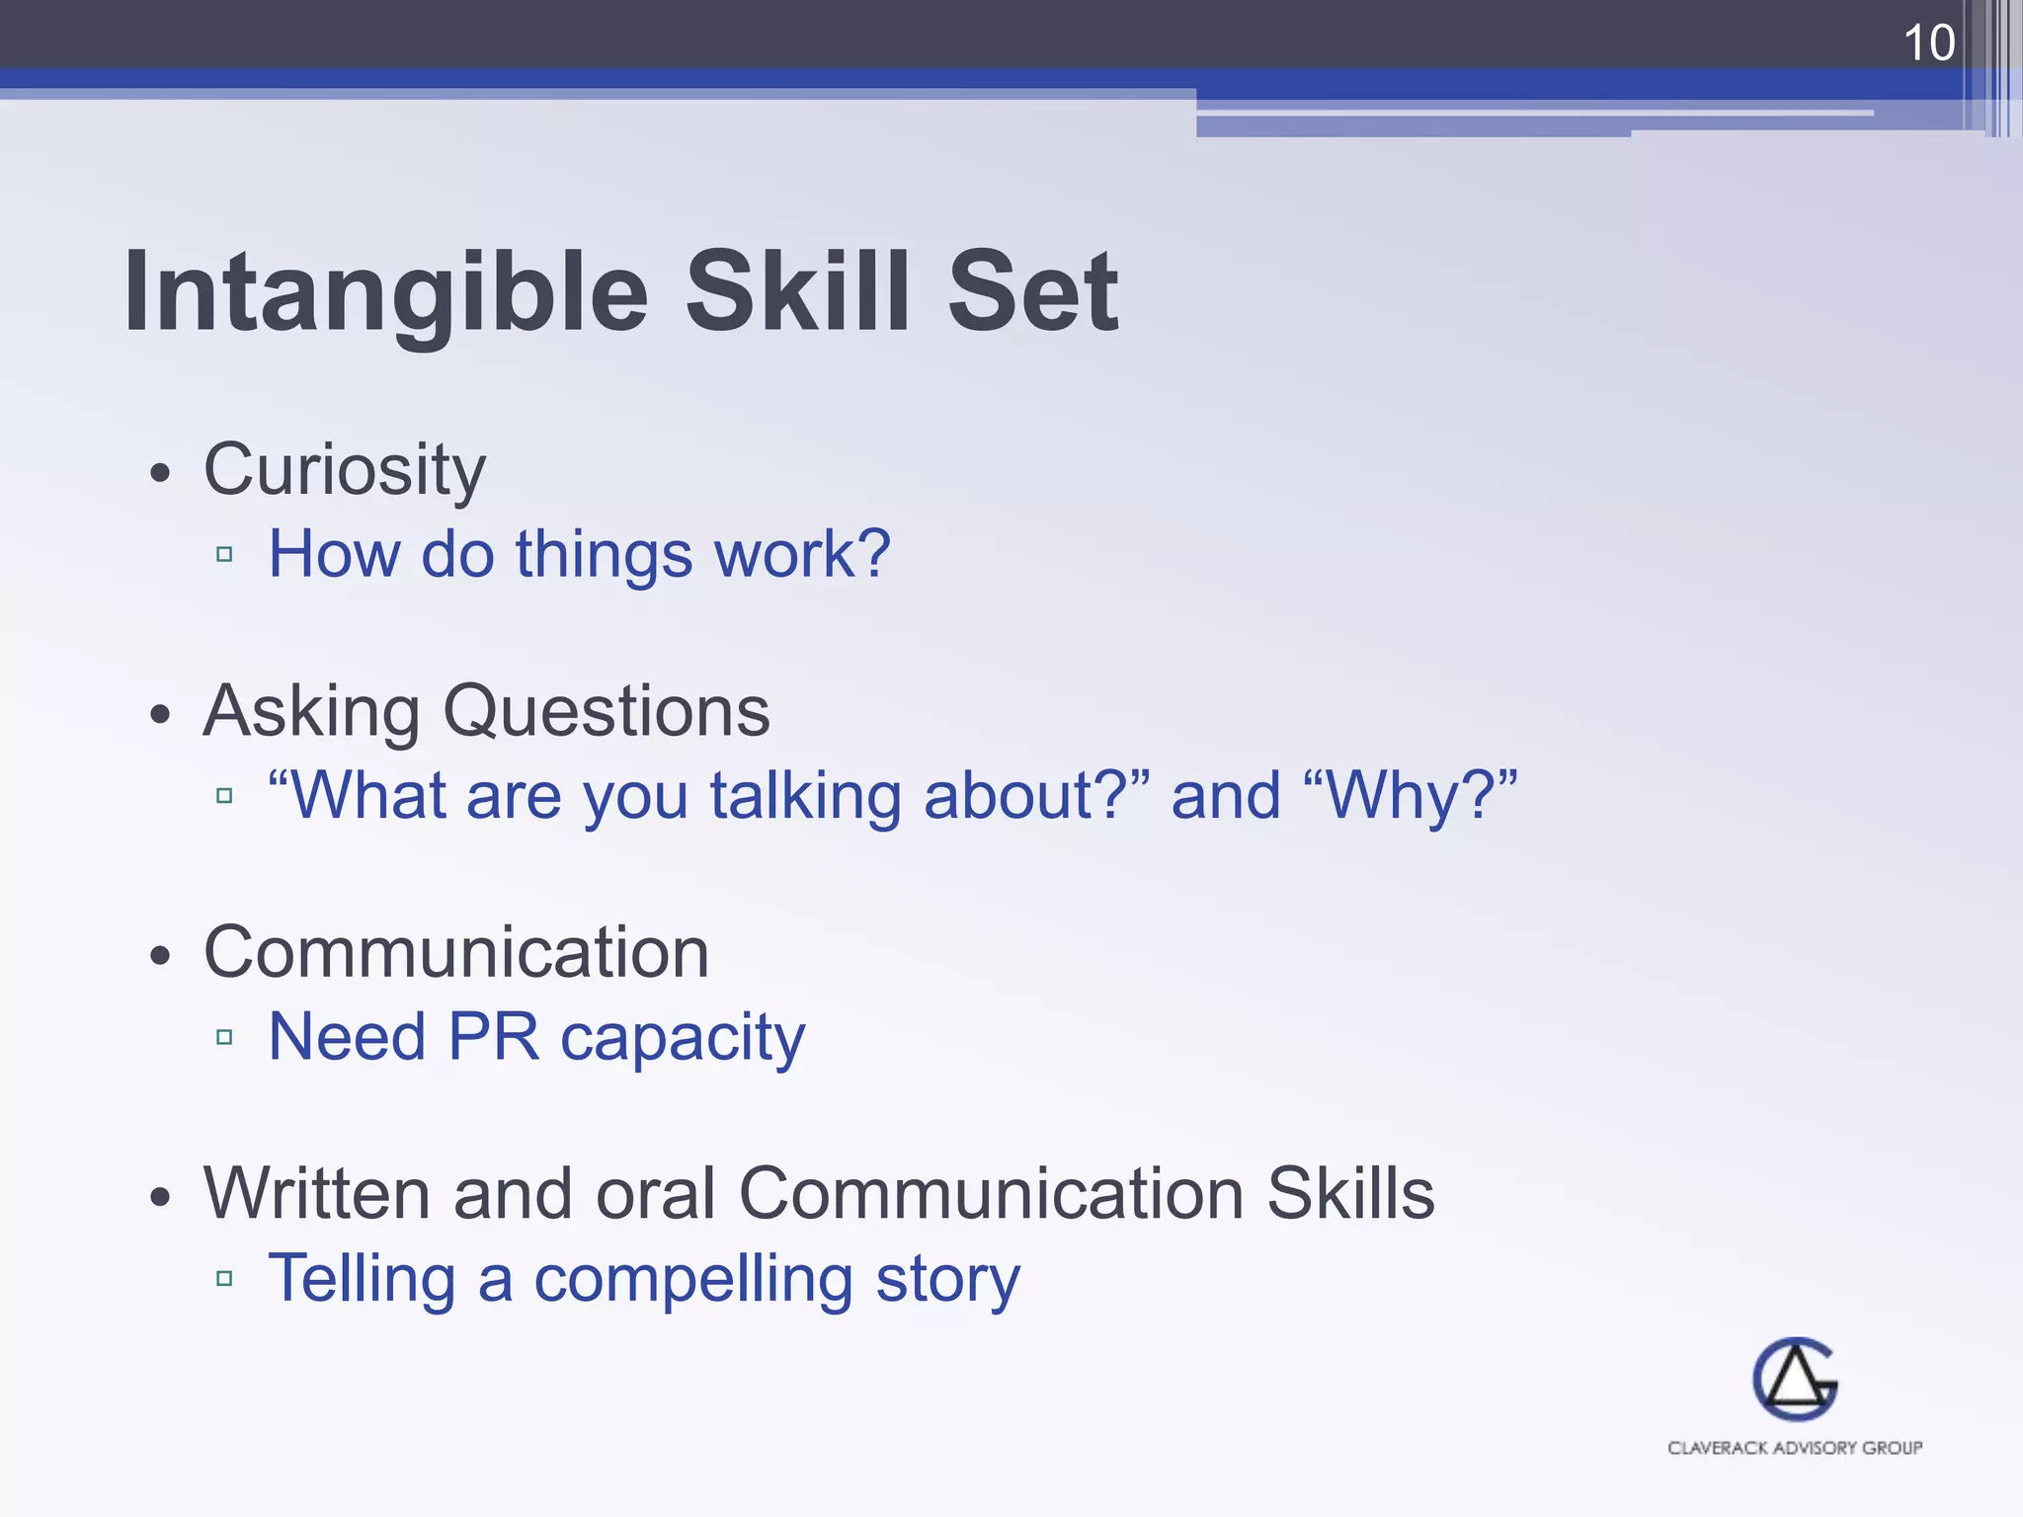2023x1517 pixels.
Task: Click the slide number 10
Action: [x=1927, y=42]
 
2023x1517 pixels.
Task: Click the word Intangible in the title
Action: [x=385, y=292]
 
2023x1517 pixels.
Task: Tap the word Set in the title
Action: [x=1032, y=292]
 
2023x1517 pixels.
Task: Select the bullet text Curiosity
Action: [x=344, y=469]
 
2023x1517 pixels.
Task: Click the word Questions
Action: [x=606, y=712]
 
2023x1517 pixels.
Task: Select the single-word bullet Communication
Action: [x=455, y=953]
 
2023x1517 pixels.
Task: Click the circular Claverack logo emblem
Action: [x=1795, y=1379]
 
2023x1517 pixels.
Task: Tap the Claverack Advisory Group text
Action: [x=1795, y=1448]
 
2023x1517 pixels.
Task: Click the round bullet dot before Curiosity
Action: [x=161, y=473]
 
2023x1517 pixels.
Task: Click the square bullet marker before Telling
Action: [x=224, y=1278]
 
